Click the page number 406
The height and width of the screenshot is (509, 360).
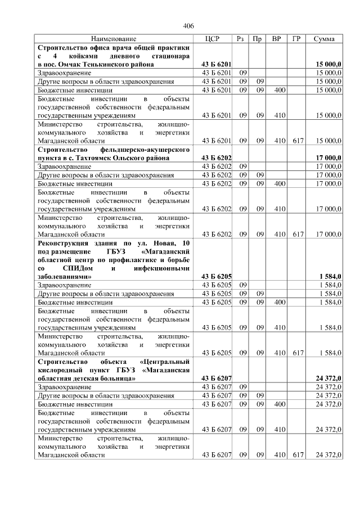(x=188, y=26)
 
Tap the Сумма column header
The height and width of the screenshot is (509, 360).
(x=324, y=39)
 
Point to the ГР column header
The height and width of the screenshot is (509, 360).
(x=296, y=39)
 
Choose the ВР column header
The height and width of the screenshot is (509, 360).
(x=276, y=39)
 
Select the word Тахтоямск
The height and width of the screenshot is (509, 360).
(x=98, y=158)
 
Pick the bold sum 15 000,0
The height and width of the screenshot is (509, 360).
(x=325, y=65)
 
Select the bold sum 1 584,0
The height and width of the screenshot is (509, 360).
(x=329, y=277)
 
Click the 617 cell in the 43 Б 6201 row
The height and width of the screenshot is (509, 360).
(x=296, y=141)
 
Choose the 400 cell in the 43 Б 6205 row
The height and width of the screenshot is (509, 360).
(x=276, y=302)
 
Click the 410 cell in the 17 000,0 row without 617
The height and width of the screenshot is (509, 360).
(x=276, y=209)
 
